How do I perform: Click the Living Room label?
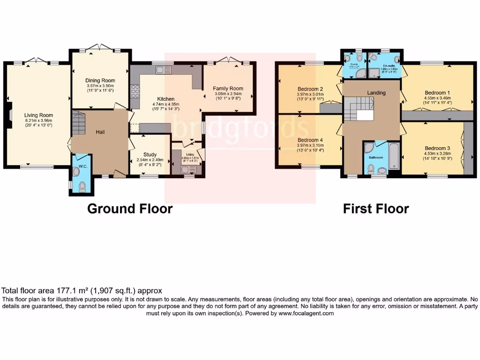[39, 115]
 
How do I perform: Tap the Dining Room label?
[99, 80]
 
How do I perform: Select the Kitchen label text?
[166, 99]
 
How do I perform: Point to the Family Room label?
[228, 88]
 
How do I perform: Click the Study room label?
[150, 154]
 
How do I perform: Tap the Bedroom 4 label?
[310, 140]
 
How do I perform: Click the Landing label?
[376, 93]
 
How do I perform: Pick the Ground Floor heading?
[130, 209]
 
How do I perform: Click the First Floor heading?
[376, 209]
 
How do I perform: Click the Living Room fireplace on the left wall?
[9, 114]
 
